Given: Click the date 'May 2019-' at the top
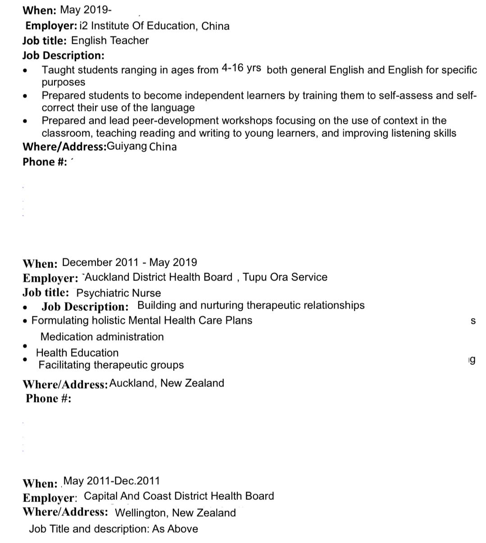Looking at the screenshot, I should [x=86, y=9].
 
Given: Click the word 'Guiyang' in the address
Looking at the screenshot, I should [x=127, y=147].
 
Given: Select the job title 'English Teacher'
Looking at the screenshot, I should [x=110, y=41].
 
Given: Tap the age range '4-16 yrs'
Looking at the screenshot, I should [x=241, y=68].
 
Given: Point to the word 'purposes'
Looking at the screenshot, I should [x=64, y=83].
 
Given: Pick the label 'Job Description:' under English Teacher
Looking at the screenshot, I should [x=63, y=55].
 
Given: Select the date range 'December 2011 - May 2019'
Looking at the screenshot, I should [x=129, y=262].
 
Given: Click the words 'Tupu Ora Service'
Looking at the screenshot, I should [x=285, y=277].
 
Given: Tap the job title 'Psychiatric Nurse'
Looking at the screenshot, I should [x=118, y=293].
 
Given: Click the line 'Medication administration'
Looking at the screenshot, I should [x=102, y=337].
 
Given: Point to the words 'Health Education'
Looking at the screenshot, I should [x=77, y=353].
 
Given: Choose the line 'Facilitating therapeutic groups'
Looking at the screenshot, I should [x=111, y=365].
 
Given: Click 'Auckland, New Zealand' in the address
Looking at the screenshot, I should [x=167, y=383].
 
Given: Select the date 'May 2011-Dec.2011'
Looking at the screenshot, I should [x=112, y=481].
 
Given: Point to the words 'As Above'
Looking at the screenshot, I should [x=175, y=529].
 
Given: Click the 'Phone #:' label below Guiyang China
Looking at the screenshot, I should [x=45, y=162].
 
